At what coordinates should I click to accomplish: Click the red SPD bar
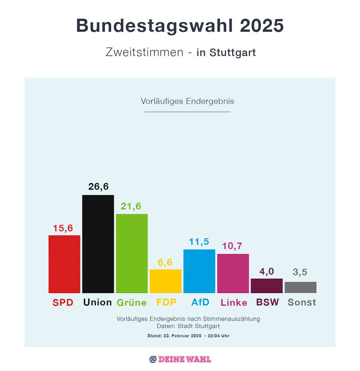[64, 264]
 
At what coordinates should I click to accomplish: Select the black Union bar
[98, 244]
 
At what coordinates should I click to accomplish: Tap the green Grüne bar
[132, 253]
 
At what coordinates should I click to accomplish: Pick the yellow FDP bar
[166, 281]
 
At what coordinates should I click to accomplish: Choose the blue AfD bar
[199, 271]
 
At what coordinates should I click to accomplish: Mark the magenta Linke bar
[233, 273]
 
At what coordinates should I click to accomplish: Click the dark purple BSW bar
[267, 286]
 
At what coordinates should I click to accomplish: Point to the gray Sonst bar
[300, 287]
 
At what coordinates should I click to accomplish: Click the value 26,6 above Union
[98, 186]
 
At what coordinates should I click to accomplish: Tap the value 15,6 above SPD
[63, 228]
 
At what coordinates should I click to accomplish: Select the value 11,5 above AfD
[199, 242]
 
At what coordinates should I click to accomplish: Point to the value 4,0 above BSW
[267, 271]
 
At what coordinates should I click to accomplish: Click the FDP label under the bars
[166, 302]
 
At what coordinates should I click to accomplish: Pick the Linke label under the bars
[234, 303]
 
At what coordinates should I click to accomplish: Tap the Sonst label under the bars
[302, 302]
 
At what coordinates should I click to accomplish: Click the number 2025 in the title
[262, 26]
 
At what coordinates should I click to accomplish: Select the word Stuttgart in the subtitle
[232, 52]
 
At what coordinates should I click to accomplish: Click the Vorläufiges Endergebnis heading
[187, 101]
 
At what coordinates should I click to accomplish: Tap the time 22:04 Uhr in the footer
[218, 336]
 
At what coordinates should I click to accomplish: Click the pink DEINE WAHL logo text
[185, 359]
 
